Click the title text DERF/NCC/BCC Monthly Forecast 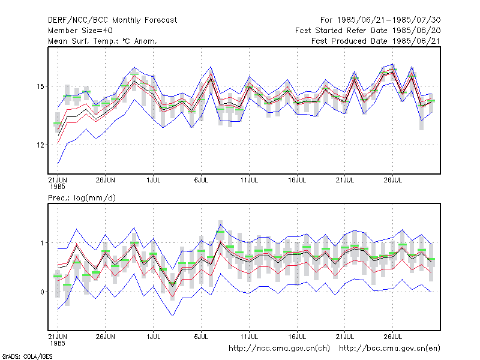click(x=112, y=20)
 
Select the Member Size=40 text click(x=80, y=31)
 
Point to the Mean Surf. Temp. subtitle click(x=103, y=41)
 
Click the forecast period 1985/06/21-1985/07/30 click(x=380, y=20)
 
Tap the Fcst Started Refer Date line click(x=368, y=31)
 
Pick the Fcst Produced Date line click(x=376, y=41)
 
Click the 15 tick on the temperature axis click(x=40, y=86)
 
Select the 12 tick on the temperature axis click(x=40, y=145)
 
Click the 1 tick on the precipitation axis click(x=42, y=243)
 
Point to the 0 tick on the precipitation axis click(x=42, y=292)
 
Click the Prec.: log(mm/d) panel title click(x=82, y=198)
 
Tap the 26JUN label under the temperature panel click(x=106, y=181)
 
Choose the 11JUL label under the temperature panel click(x=249, y=181)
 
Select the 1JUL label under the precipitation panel click(x=154, y=337)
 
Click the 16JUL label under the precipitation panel click(x=297, y=337)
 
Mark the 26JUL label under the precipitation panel click(x=393, y=337)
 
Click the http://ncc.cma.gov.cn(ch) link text click(x=279, y=349)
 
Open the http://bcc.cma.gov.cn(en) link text click(x=389, y=349)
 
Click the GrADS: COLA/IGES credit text click(x=27, y=356)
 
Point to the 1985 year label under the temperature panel click(x=58, y=187)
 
